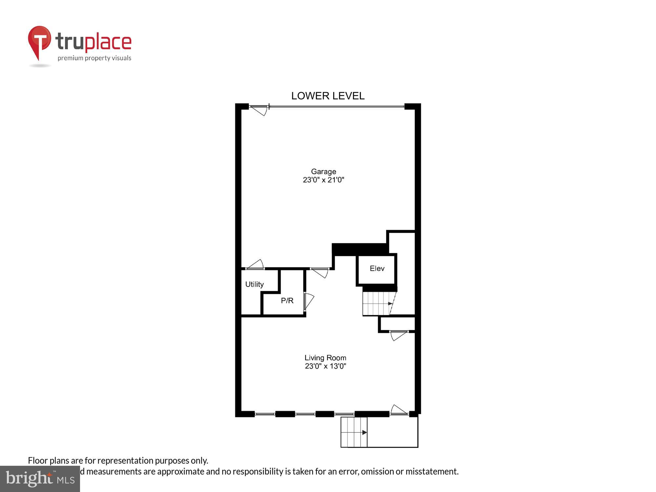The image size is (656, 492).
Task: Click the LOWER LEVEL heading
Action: pos(328,96)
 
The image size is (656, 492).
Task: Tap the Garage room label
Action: pos(323,172)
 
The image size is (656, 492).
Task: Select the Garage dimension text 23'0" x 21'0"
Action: pos(323,180)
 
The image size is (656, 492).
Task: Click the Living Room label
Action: pos(325,358)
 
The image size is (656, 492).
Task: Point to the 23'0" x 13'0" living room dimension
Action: pos(325,366)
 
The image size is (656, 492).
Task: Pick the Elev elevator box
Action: pos(377,269)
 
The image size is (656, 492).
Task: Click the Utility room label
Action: pos(254,284)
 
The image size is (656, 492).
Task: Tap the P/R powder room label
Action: pos(287,300)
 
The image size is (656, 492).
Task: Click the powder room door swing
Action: pos(309,301)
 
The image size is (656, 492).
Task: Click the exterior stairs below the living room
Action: pos(354,432)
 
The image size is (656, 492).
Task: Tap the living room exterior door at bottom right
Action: pos(399,410)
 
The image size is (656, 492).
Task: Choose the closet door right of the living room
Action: pos(398,335)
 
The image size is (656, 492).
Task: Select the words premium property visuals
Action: pos(94,58)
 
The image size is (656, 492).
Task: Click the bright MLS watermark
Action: pos(40,479)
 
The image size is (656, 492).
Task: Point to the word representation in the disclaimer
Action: pos(125,461)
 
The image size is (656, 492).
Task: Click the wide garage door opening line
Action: pos(336,106)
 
